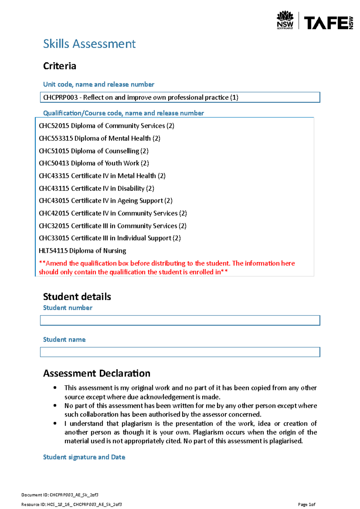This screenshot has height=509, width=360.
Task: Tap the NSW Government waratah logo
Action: coord(285,20)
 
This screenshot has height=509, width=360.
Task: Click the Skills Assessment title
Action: coord(89,44)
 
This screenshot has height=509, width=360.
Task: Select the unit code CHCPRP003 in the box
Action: coord(60,97)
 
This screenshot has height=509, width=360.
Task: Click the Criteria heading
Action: coord(59,66)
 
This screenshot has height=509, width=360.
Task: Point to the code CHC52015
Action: coord(54,126)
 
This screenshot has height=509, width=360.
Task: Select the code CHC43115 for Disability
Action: coord(54,189)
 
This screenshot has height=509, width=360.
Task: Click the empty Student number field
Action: coord(180,320)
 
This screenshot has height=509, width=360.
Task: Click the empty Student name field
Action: coord(180,352)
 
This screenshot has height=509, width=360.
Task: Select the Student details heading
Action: coord(77,297)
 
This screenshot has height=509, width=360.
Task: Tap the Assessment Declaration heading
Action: coord(97,374)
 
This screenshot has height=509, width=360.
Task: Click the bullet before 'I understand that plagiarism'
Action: coord(55,424)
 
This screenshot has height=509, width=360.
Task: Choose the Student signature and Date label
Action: coord(84,457)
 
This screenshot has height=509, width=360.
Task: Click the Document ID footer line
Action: coord(60,495)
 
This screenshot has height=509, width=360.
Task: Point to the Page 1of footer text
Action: coord(306,505)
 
